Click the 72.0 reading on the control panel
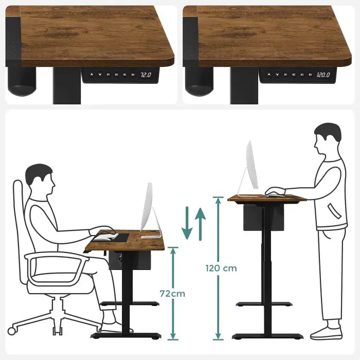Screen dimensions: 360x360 (146, 75)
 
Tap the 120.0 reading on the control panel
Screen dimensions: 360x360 (322, 75)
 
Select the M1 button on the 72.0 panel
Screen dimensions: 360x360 (109, 75)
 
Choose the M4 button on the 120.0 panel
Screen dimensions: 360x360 (310, 75)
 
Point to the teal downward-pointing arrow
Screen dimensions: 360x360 (188, 224)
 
